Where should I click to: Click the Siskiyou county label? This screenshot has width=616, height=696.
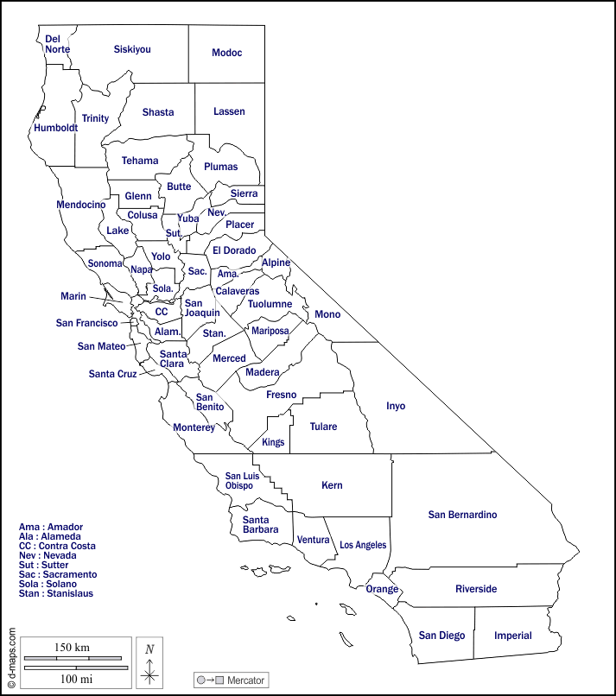132,49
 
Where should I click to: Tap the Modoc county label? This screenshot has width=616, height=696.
227,53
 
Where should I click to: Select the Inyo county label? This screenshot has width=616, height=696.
396,406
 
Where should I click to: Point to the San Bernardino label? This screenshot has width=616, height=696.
463,515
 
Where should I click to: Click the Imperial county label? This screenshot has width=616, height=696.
513,636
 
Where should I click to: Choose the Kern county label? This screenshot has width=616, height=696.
332,485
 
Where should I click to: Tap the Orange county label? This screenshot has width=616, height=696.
382,589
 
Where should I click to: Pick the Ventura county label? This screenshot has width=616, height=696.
314,540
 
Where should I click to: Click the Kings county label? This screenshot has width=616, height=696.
273,442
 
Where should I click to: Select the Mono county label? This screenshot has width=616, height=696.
327,313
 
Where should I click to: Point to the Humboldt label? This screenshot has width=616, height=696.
56,128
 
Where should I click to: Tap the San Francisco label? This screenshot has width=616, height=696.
86,323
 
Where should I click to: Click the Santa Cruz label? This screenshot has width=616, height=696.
112,374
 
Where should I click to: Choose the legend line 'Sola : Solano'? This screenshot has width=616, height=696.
53,584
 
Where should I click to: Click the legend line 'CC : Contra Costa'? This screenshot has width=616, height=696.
57,546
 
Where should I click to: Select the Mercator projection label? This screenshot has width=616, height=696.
231,680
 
